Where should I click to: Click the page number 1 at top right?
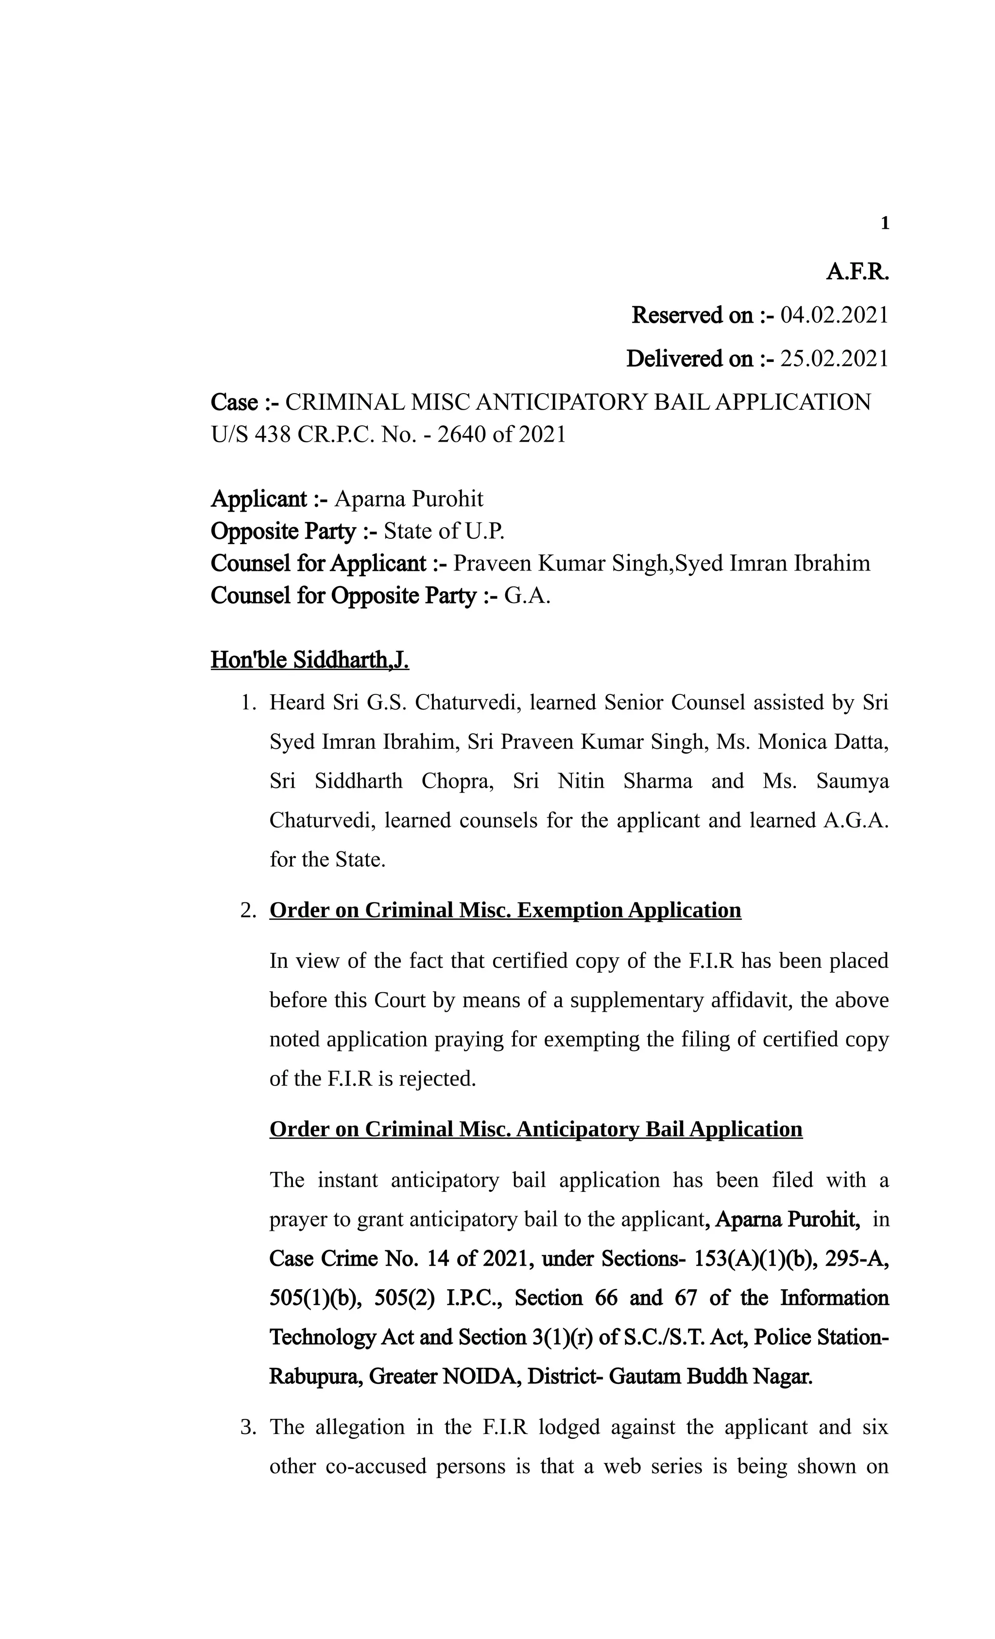(884, 224)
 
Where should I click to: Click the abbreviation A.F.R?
(857, 272)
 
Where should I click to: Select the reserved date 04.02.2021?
(834, 315)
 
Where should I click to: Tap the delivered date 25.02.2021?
(834, 359)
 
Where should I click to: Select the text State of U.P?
(444, 532)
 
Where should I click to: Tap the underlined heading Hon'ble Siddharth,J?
(309, 660)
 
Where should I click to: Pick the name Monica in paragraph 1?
(788, 742)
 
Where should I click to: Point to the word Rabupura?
(315, 1377)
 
